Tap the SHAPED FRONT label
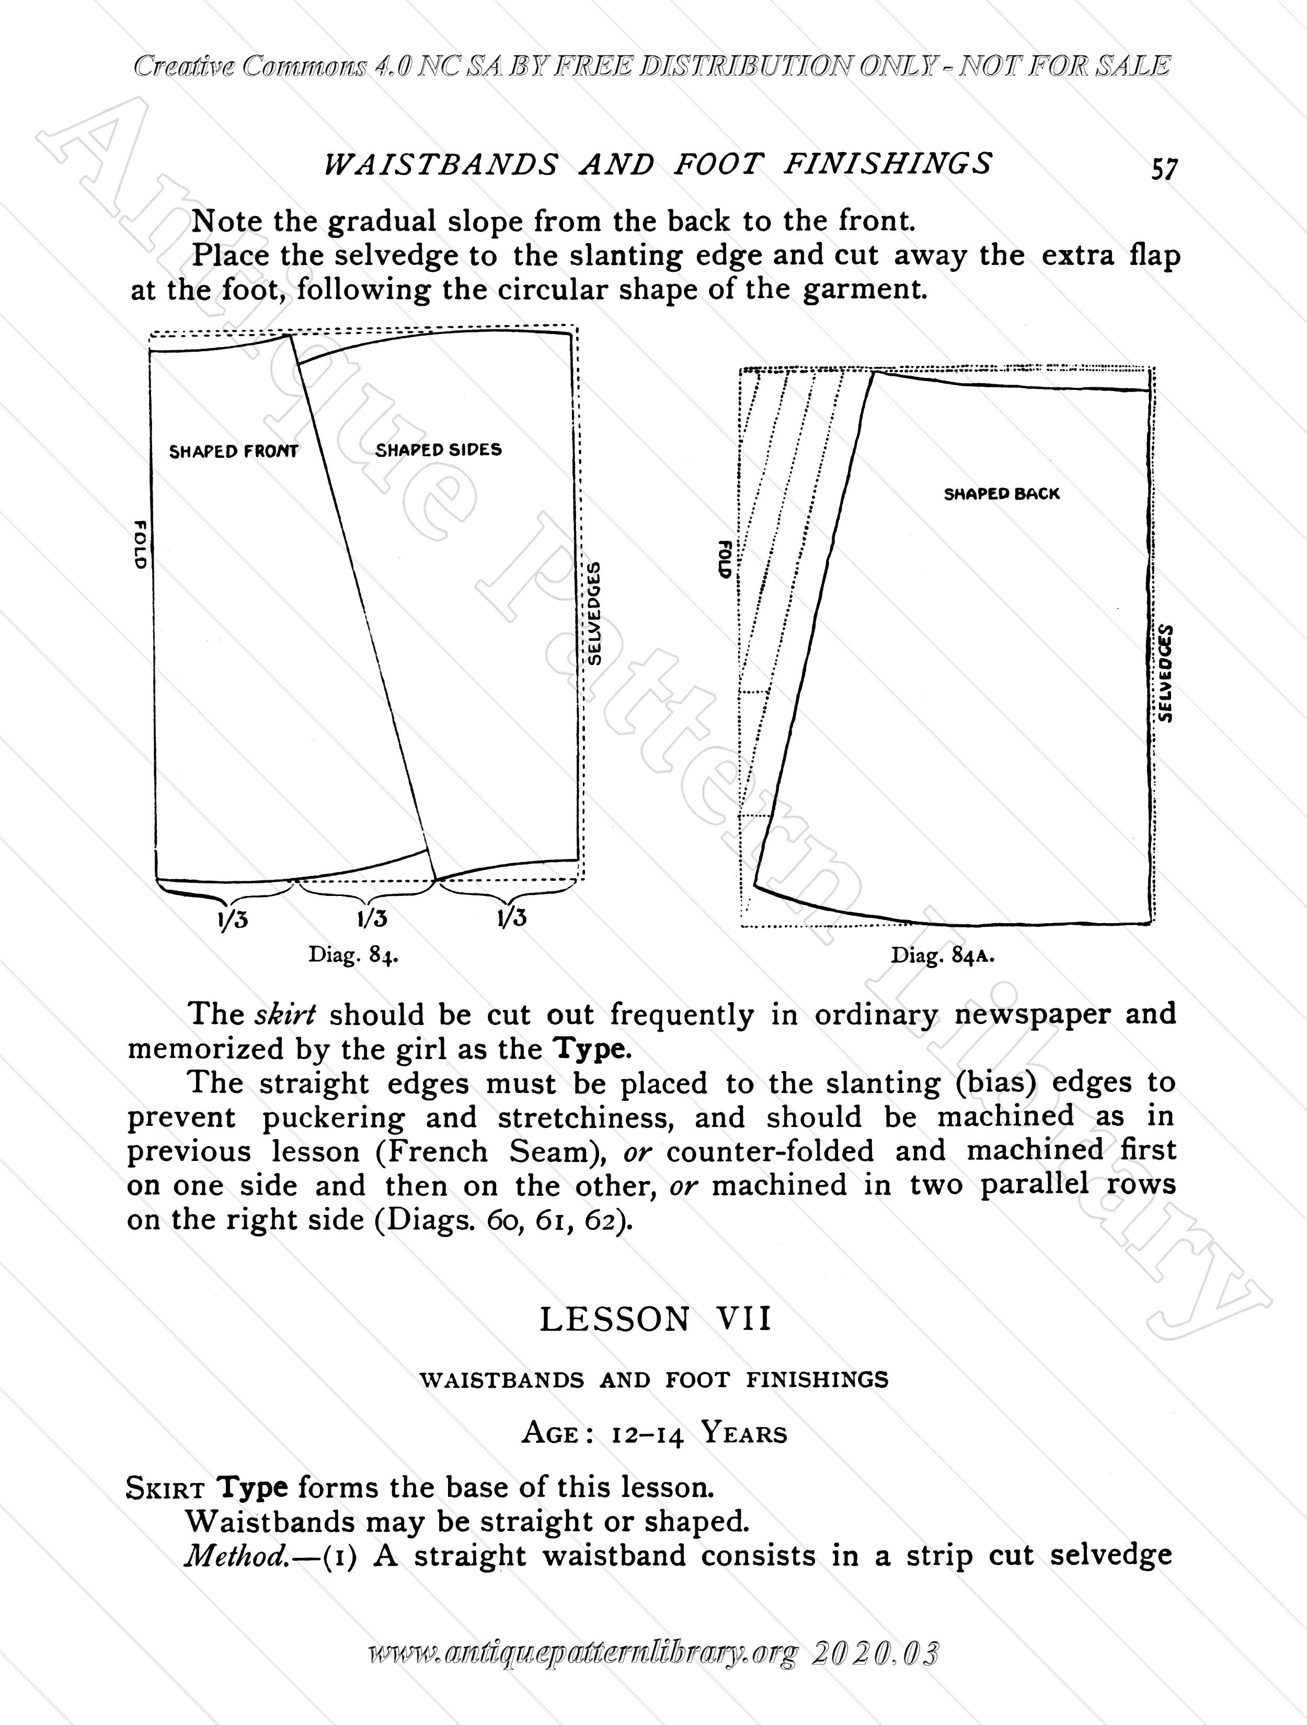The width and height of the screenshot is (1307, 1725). [x=233, y=452]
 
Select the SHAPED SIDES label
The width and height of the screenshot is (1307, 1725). [x=438, y=450]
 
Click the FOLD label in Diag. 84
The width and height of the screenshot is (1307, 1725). [x=140, y=544]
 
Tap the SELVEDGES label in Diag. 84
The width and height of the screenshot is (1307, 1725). [x=594, y=613]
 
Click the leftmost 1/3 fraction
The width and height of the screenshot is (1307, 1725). [x=233, y=919]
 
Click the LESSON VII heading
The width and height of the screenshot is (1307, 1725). [x=655, y=1319]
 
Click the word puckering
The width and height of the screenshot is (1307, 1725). [x=333, y=1118]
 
